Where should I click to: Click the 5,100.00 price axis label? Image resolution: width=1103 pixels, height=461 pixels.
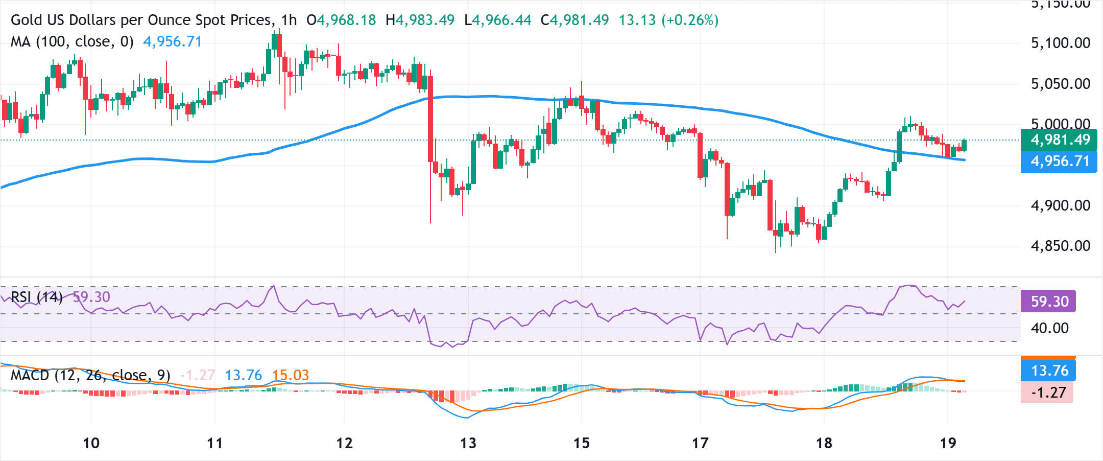[x=1060, y=43]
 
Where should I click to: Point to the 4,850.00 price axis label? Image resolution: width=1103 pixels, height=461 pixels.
[x=1060, y=246]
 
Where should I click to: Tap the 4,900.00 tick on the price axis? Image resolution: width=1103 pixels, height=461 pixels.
[x=1060, y=205]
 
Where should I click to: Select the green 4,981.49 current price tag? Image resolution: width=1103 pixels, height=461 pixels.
[x=1059, y=140]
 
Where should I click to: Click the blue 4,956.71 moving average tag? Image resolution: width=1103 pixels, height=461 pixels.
[x=1059, y=162]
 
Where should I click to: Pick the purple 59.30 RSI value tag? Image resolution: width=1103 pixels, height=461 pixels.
[x=1049, y=301]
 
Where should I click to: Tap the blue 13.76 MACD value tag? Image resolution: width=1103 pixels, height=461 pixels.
[x=1049, y=371]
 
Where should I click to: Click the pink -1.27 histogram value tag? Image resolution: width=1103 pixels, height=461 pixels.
[x=1048, y=393]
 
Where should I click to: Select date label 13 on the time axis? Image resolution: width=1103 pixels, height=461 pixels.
[x=468, y=443]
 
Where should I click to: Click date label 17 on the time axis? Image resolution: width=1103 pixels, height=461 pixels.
[x=700, y=443]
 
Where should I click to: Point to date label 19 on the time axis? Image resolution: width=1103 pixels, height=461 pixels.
[x=948, y=443]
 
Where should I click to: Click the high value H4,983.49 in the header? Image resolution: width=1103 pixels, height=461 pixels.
[x=420, y=20]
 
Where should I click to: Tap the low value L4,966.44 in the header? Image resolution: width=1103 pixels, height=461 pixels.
[x=498, y=20]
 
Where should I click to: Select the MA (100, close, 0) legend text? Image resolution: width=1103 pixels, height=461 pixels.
[x=72, y=41]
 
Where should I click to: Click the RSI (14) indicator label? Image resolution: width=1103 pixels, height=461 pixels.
[x=37, y=297]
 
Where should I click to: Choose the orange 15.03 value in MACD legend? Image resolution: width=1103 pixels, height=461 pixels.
[x=290, y=376]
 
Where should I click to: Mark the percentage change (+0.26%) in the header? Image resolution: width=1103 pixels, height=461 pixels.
[x=690, y=20]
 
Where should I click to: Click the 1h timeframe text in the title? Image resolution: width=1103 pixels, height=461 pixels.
[x=289, y=20]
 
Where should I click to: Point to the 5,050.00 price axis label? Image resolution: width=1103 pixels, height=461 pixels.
[x=1060, y=84]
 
